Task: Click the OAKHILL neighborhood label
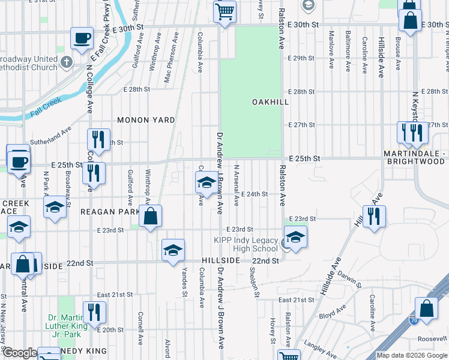tap(270, 102)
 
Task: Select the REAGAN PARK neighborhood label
tap(107, 212)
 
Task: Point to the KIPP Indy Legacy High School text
tap(247, 245)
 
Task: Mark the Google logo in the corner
tap(20, 353)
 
